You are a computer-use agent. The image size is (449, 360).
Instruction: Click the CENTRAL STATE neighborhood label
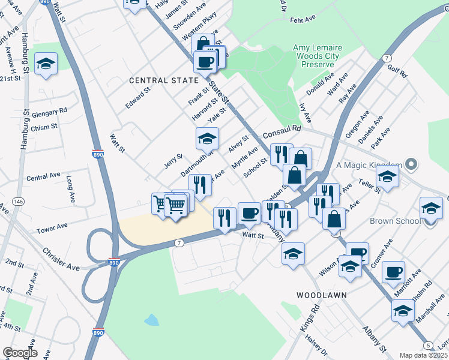point(164,80)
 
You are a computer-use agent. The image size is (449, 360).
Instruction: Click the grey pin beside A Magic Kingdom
point(411,164)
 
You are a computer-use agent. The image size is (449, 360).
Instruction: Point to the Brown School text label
point(395,221)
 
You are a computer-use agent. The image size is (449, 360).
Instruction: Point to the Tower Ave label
point(53,229)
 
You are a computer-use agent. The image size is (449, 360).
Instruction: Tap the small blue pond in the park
point(151,320)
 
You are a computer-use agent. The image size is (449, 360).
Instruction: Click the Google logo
point(20,353)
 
